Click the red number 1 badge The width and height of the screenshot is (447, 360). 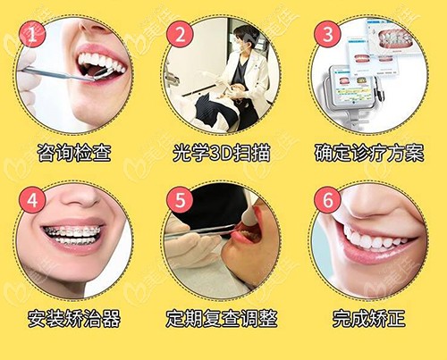point(32,34)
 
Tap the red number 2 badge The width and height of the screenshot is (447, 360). point(180,34)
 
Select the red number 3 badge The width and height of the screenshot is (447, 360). point(327,34)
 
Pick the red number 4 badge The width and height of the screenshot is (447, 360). point(32,200)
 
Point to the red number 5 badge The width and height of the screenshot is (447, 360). point(180,200)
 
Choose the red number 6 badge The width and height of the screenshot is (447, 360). point(327,200)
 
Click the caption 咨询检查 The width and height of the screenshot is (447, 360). point(74,153)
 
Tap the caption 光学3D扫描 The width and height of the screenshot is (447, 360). point(222,153)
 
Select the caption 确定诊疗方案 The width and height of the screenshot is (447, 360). point(369,153)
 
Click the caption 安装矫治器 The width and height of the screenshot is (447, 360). point(74,318)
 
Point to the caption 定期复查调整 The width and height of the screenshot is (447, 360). point(222,318)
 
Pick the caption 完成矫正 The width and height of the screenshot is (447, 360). point(369,318)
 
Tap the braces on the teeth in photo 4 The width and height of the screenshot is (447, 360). point(73,234)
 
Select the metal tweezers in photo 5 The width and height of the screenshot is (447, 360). point(199,231)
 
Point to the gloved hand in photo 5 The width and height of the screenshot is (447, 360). point(190,243)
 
